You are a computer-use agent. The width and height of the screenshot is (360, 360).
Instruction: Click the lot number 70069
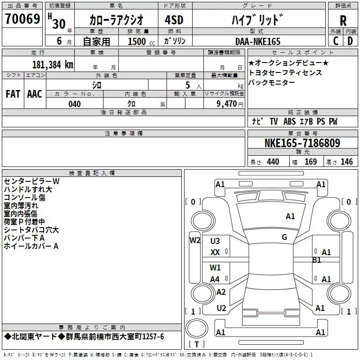pos(22,19)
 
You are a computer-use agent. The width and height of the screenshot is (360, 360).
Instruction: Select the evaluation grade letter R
pos(343,21)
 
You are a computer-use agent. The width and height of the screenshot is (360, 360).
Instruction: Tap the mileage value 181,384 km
pos(53,64)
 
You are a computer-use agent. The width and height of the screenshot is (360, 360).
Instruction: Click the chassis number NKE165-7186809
pos(302,143)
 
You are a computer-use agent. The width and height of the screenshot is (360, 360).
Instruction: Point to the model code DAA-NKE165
pos(258,41)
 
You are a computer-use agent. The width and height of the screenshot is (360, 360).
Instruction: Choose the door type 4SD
pos(174,20)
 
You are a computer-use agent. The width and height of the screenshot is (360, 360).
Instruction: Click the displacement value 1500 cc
pos(141,41)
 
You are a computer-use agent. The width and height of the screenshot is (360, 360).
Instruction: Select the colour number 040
pos(75,104)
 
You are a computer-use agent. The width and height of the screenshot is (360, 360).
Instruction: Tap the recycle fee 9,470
pos(227,103)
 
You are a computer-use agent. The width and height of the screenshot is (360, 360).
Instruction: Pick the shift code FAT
pos(13,94)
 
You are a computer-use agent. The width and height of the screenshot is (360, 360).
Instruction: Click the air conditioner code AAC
pos(35,94)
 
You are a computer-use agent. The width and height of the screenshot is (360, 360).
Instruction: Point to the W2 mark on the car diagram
pos(195,240)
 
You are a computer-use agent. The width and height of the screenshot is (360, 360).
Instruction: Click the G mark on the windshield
pos(284,237)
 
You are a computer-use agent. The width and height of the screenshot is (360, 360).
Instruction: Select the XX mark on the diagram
pos(215,252)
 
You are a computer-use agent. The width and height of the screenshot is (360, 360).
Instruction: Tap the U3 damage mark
pos(215,241)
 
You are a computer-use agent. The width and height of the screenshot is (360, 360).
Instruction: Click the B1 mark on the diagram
pos(316,260)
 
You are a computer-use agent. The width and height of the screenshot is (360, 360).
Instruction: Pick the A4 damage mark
pos(215,279)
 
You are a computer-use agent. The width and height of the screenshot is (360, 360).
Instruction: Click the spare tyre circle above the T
pos(197,328)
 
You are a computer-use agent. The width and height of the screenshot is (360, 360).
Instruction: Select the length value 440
pos(273,162)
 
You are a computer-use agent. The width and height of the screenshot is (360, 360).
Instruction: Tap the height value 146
pos(346,162)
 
